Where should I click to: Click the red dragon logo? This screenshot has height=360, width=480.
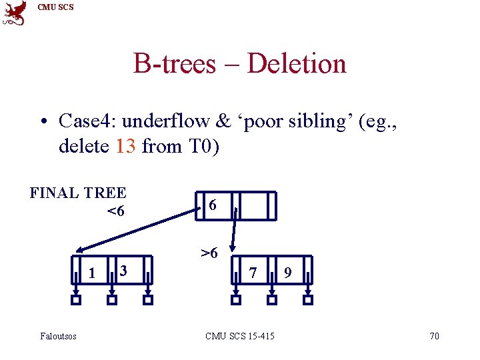coord(15,13)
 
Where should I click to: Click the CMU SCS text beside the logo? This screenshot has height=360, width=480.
coord(56,7)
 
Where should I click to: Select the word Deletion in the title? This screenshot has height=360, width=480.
coord(297,64)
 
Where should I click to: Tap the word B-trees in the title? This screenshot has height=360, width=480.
coord(175,64)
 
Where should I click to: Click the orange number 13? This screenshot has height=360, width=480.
coord(125,146)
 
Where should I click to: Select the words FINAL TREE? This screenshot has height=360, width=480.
coord(78,193)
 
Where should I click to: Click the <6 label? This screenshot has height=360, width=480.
coord(115,212)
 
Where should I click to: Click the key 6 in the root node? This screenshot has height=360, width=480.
coord(212,205)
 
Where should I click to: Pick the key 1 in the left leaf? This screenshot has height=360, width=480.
coord(91,272)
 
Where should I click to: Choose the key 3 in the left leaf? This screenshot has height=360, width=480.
coord(122,270)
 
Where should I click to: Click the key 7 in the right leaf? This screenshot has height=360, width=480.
coord(253,272)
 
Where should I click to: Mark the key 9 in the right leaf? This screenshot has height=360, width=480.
coord(287,272)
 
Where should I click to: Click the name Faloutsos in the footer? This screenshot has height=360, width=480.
coord(59,336)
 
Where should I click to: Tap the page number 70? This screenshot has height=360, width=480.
coord(434,336)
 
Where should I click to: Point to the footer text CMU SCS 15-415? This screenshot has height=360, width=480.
coord(240,336)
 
